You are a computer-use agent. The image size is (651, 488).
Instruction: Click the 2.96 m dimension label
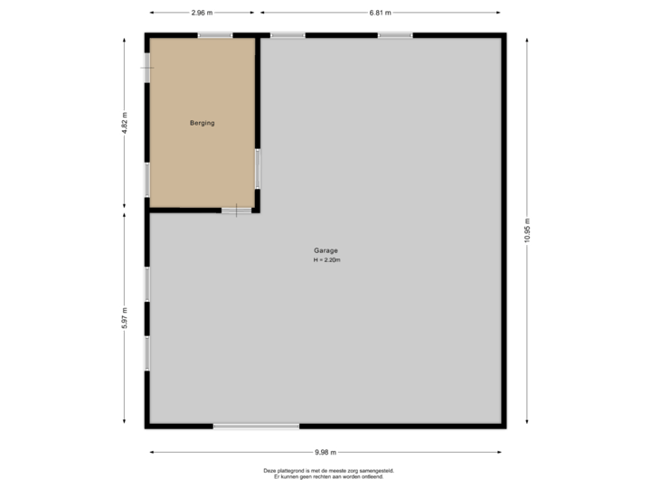[202, 13]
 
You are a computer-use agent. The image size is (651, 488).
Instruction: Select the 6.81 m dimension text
[380, 13]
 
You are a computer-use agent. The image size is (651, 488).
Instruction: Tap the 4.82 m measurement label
[125, 123]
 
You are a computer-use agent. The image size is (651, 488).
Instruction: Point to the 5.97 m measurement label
[125, 319]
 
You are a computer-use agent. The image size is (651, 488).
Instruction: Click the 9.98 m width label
[325, 452]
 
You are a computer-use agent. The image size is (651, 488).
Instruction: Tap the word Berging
[202, 123]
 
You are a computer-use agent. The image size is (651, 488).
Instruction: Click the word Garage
[326, 251]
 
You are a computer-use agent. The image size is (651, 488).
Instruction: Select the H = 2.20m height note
[326, 260]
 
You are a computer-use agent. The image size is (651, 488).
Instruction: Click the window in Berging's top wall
[215, 35]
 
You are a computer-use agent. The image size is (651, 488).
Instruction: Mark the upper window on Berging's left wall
[146, 67]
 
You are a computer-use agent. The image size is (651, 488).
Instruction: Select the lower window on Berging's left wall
[146, 179]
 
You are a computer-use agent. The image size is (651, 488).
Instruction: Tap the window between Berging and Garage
[258, 168]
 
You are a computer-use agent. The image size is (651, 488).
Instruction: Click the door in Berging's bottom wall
[236, 211]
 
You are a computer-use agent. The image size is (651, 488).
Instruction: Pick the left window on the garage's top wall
[288, 35]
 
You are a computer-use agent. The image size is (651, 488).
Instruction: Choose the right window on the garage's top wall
[395, 35]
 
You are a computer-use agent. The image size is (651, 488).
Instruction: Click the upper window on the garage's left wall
[146, 284]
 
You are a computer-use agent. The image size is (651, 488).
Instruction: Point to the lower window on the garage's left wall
[146, 352]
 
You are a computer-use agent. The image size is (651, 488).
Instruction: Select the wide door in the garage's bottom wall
[256, 426]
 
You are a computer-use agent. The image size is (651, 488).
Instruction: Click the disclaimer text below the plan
[328, 473]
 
